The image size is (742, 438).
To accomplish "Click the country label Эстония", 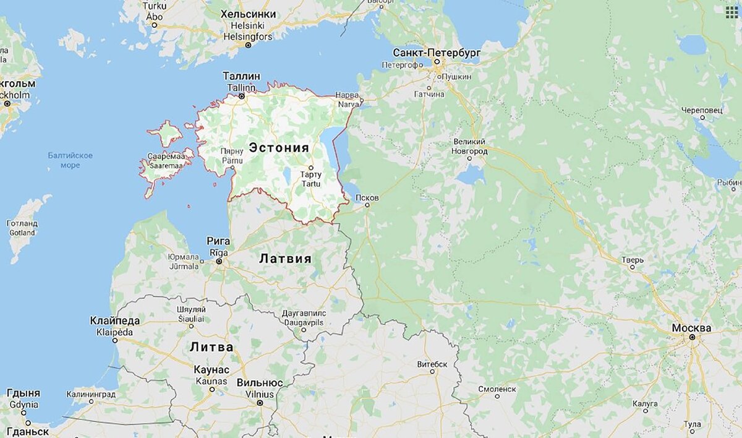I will (x=278, y=148).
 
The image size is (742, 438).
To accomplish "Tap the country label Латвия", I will (x=285, y=259).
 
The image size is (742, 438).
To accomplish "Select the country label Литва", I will (x=211, y=347).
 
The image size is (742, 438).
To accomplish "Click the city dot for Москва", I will (x=692, y=337).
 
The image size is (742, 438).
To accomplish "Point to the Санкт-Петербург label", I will (x=437, y=53).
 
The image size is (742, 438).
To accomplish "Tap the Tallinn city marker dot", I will (x=242, y=97).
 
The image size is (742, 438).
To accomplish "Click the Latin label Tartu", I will (x=311, y=183).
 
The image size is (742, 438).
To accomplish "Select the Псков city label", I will (x=367, y=197).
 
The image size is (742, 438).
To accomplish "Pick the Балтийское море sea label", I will (x=70, y=160).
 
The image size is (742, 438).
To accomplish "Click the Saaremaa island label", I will (x=163, y=166).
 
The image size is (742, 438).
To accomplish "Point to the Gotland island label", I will (x=22, y=233).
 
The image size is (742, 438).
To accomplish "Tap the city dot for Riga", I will (x=219, y=262).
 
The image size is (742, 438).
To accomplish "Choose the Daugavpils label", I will (x=303, y=323).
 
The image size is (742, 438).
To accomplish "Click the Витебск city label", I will (x=432, y=364).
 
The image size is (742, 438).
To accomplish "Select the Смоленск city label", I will (x=497, y=389).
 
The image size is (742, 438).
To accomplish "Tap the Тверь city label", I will (x=633, y=259).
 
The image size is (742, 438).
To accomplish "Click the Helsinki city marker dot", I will (x=249, y=45).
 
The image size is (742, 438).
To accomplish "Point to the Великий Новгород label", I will (x=470, y=147).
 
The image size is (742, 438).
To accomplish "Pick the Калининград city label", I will (x=91, y=394).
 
